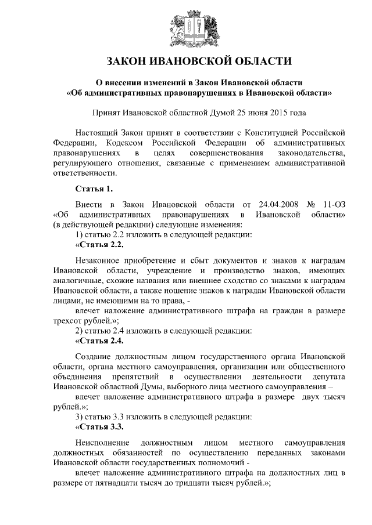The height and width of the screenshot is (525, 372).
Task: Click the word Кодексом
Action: click(x=125, y=142)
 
